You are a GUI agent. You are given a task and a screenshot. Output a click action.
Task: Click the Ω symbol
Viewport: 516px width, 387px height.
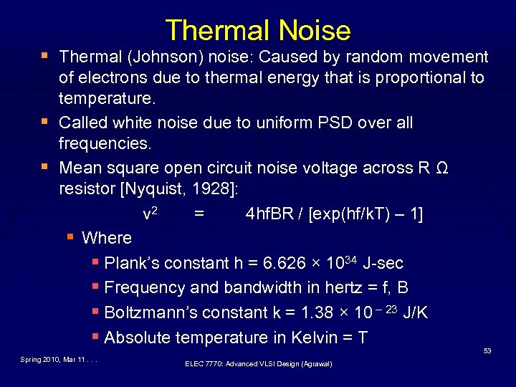[x=442, y=168]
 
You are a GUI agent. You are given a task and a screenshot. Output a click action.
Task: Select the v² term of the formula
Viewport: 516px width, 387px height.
[x=150, y=213]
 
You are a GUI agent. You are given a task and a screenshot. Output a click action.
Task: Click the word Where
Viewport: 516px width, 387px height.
[x=107, y=238]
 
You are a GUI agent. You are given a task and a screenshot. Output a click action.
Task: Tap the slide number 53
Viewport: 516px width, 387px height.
[x=487, y=350]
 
